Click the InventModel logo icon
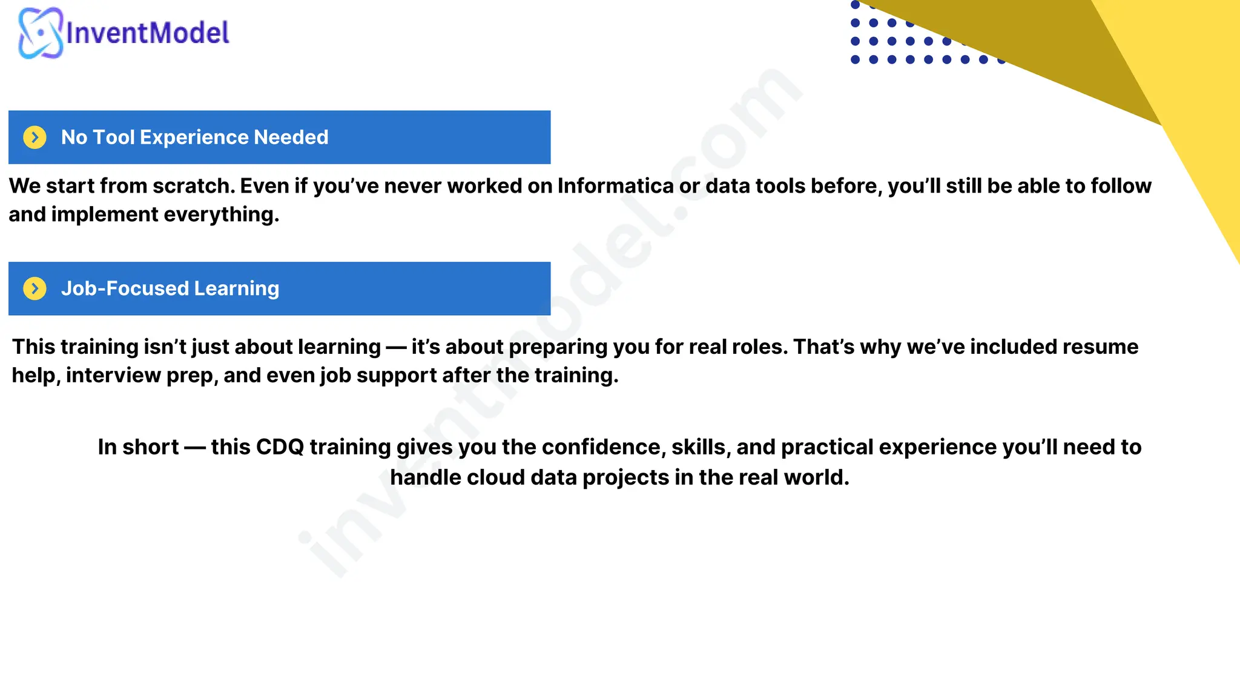pyautogui.click(x=40, y=33)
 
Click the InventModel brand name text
pyautogui.click(x=147, y=33)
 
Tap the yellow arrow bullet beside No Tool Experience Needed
pyautogui.click(x=35, y=138)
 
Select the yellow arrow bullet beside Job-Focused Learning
pyautogui.click(x=35, y=288)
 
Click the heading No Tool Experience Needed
pyautogui.click(x=194, y=138)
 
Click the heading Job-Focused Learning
pyautogui.click(x=170, y=288)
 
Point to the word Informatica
pyautogui.click(x=615, y=186)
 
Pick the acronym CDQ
pyautogui.click(x=280, y=447)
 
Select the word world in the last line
pyautogui.click(x=816, y=477)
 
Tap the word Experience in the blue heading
pyautogui.click(x=194, y=138)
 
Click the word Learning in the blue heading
pyautogui.click(x=236, y=288)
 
